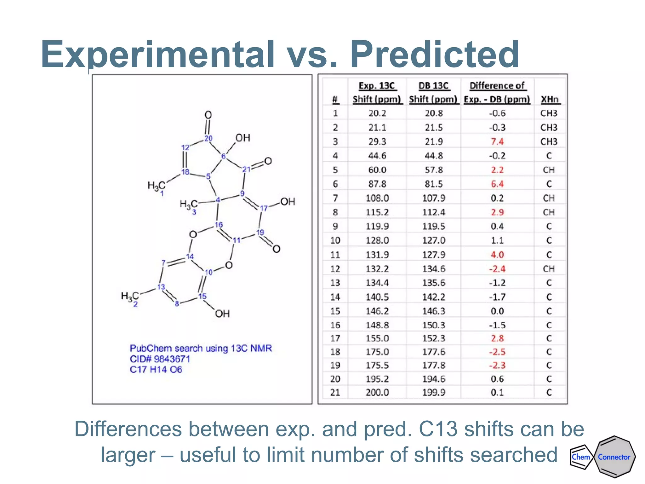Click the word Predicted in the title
435,54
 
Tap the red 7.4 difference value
497,141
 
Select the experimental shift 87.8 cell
377,184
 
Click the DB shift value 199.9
434,393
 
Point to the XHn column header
550,99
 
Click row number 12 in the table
335,269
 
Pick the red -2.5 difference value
497,352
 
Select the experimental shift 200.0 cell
377,393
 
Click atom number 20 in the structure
208,138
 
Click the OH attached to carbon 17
288,202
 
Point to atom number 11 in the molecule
237,240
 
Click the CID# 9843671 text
160,359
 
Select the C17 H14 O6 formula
156,370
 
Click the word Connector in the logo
614,457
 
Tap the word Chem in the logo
580,457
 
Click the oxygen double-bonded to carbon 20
208,115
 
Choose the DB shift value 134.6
434,269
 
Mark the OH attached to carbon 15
222,314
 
